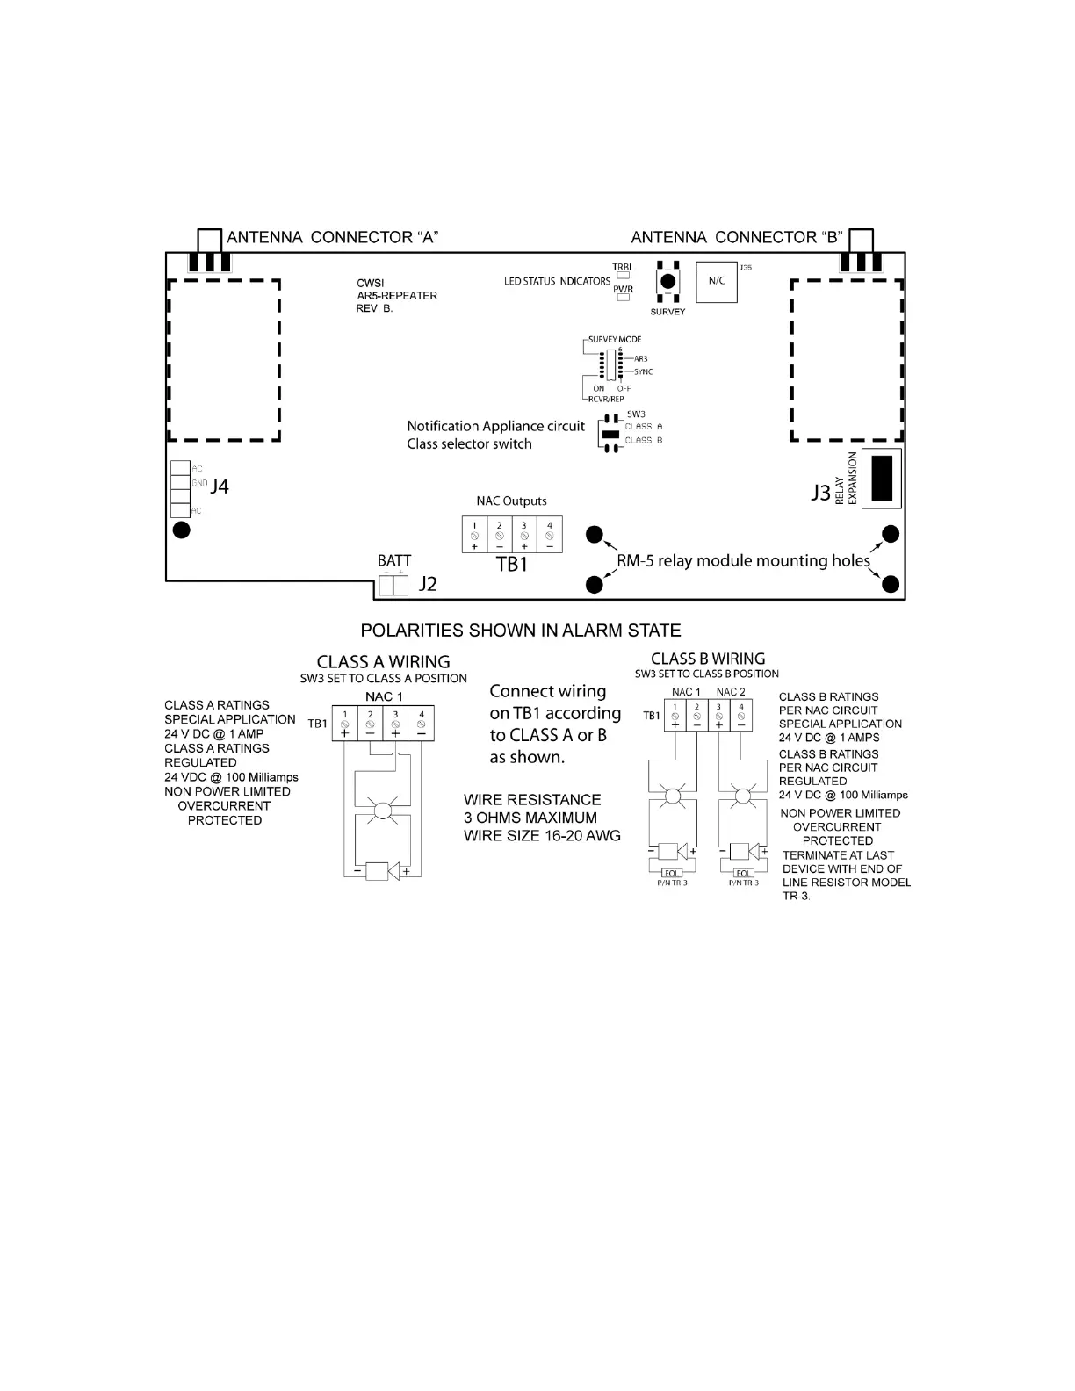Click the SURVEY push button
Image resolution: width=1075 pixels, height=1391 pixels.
point(667,282)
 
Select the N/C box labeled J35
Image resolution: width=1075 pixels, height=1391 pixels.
point(717,282)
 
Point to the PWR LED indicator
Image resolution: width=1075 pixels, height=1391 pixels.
point(623,298)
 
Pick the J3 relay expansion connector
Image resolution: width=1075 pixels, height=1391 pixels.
point(882,479)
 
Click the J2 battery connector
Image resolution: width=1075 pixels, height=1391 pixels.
point(393,584)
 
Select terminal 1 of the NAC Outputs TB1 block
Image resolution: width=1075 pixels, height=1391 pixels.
point(474,535)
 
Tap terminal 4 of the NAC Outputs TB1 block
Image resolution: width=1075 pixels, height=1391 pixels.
point(549,535)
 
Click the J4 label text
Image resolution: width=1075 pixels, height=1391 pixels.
point(220,486)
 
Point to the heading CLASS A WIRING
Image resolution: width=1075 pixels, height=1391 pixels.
point(383,662)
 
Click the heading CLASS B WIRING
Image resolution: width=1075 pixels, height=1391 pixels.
point(708,659)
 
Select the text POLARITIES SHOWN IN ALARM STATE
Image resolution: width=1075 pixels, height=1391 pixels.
point(521,631)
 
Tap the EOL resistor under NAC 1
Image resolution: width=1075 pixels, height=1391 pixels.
point(672,873)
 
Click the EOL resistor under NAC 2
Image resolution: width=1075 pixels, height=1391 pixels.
point(743,873)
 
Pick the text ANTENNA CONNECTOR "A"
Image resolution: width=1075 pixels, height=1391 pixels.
point(332,238)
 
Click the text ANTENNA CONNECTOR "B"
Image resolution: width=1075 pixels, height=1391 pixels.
point(737,238)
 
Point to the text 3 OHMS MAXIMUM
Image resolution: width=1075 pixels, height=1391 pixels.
point(530,818)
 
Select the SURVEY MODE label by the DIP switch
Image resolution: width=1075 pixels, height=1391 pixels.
point(615,340)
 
